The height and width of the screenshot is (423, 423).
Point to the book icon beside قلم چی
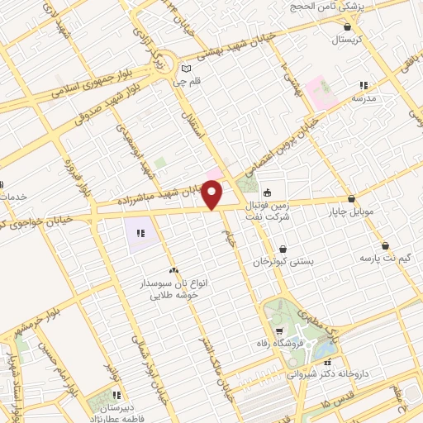pos(186,68)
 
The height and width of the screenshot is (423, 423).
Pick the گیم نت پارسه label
pos(385,258)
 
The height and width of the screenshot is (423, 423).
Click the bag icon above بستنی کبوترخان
pos(283,249)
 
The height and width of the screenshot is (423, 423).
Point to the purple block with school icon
pos(140,233)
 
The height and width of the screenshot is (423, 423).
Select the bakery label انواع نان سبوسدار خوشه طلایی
pos(173,288)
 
